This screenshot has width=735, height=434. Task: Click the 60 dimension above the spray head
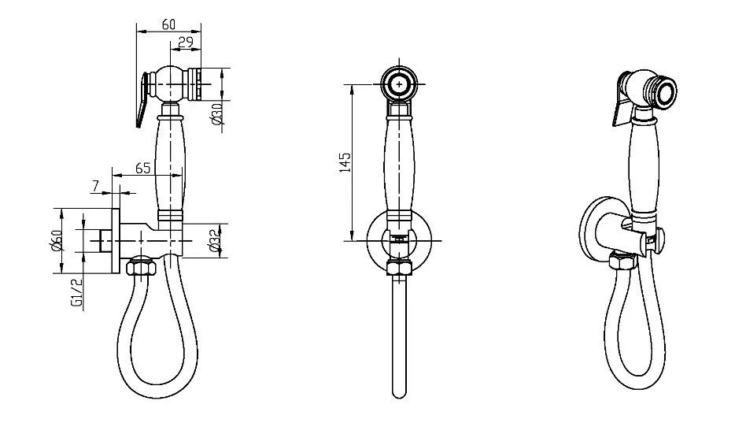[x=168, y=24]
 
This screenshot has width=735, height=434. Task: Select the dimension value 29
[x=186, y=43]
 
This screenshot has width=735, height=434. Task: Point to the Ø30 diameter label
[x=216, y=114]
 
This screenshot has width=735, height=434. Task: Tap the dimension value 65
[x=143, y=168]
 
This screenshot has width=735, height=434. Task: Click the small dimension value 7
[x=96, y=186]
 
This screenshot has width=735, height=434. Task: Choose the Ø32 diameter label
[x=216, y=241]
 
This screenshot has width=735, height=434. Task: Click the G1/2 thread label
[x=77, y=293]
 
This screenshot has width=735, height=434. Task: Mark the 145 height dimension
[x=345, y=162]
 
